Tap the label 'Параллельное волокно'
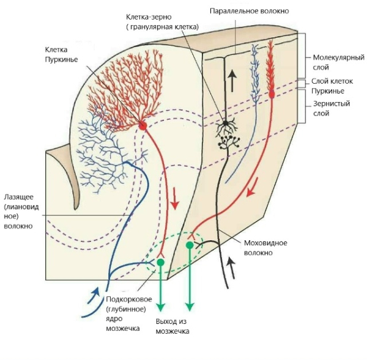[x=249, y=11]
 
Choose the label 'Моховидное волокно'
[x=265, y=248]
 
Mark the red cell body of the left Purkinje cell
[x=143, y=125]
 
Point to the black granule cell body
[x=226, y=123]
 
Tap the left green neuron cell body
[x=161, y=262]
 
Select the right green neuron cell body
[x=190, y=244]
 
